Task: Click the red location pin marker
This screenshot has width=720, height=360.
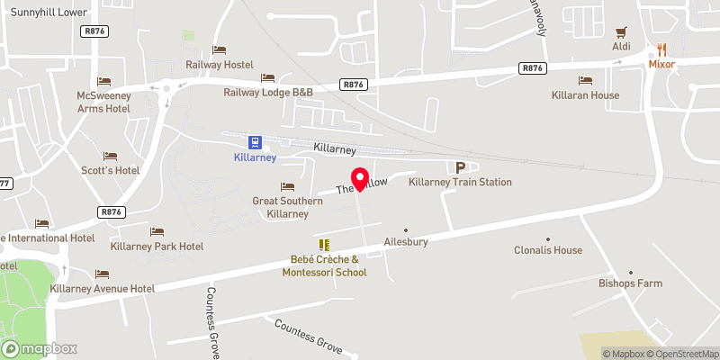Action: coord(359,179)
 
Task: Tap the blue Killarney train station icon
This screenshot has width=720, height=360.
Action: coord(256,142)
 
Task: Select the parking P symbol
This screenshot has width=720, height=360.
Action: coord(461,167)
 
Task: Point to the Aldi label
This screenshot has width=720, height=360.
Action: coord(620,46)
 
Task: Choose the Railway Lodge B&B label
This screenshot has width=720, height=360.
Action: coord(268,92)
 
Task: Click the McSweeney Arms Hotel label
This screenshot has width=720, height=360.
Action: coord(103,102)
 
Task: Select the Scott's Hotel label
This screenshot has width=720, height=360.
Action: coord(110,170)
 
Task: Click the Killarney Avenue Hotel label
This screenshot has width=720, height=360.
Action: coord(103,288)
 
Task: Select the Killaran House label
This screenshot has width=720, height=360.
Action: coord(585,94)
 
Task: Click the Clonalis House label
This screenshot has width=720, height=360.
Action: coord(547,250)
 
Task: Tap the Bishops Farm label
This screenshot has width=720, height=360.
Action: coord(630,283)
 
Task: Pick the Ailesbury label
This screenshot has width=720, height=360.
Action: coord(405,242)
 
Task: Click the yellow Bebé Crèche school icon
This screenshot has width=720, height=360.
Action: coord(324,245)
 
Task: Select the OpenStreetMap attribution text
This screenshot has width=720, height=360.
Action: coord(681,354)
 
